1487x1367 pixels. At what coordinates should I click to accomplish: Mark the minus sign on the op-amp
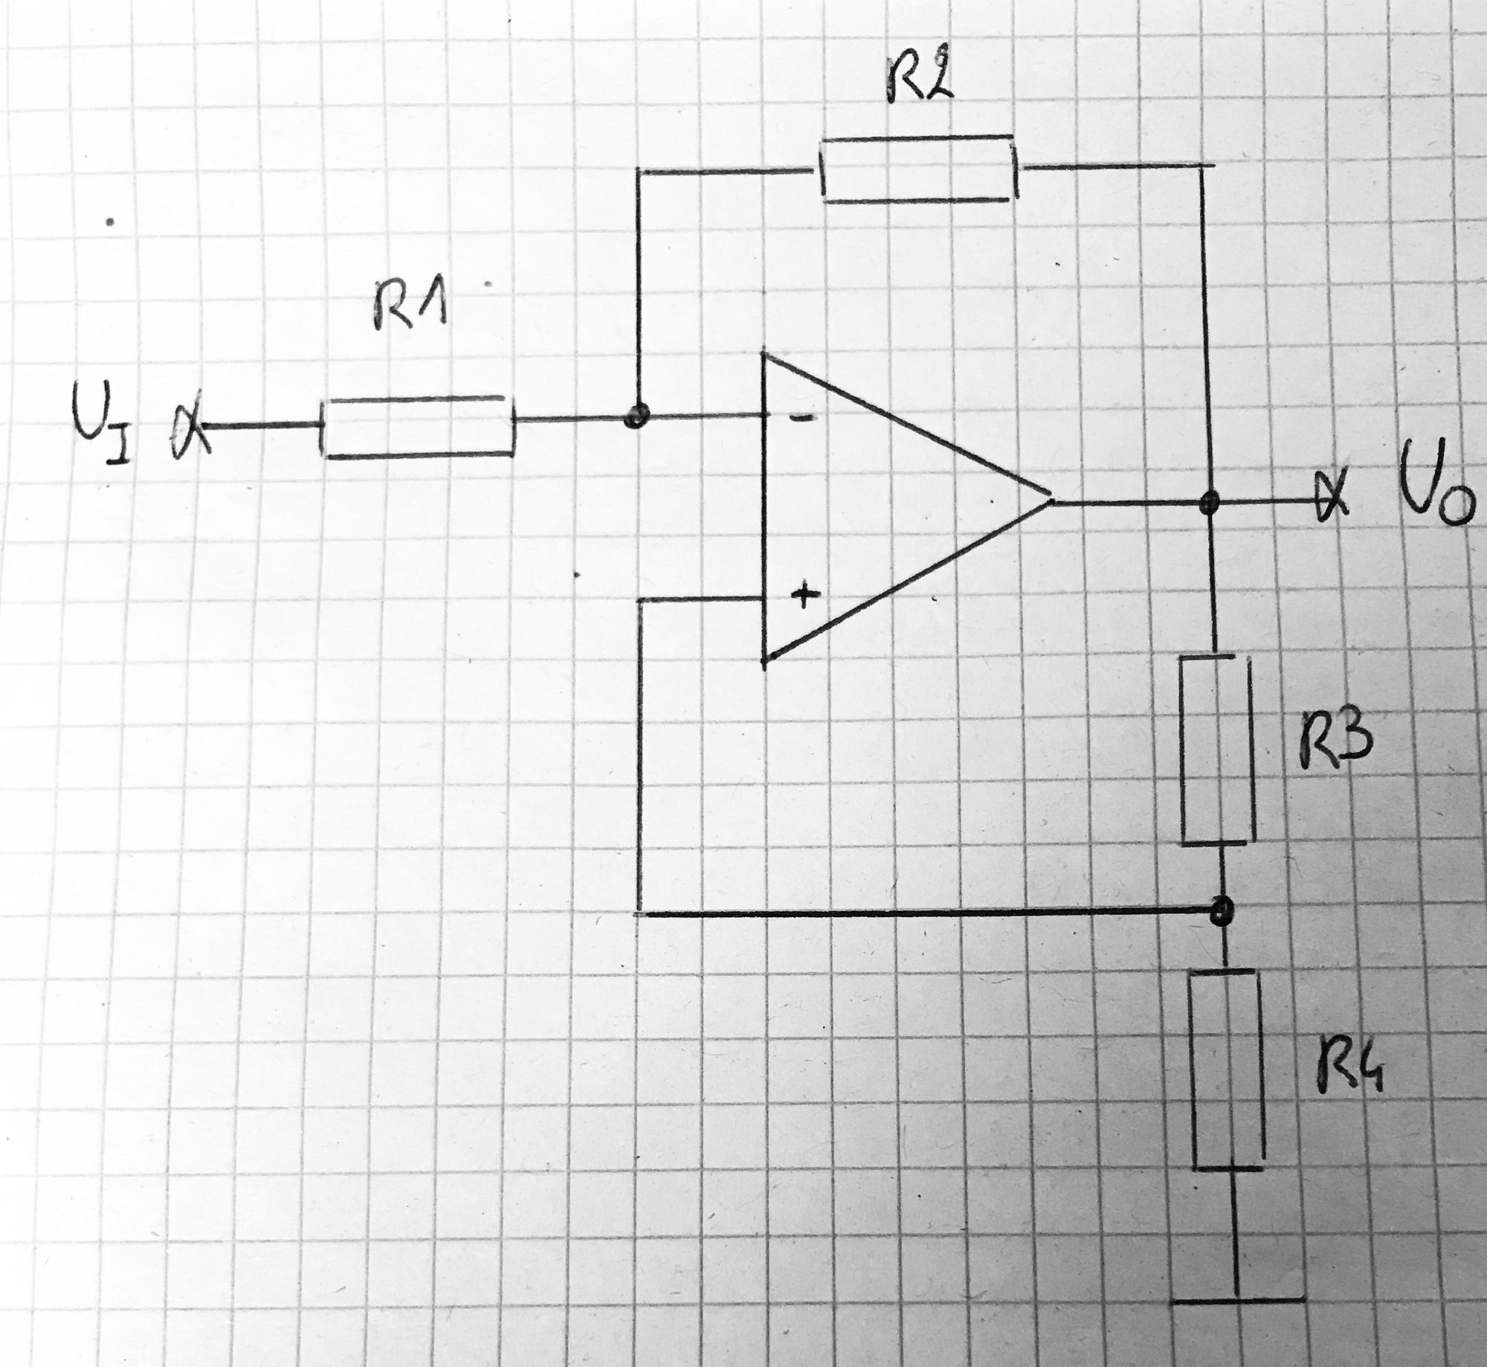800,418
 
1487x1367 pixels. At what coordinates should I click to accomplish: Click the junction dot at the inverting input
636,416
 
